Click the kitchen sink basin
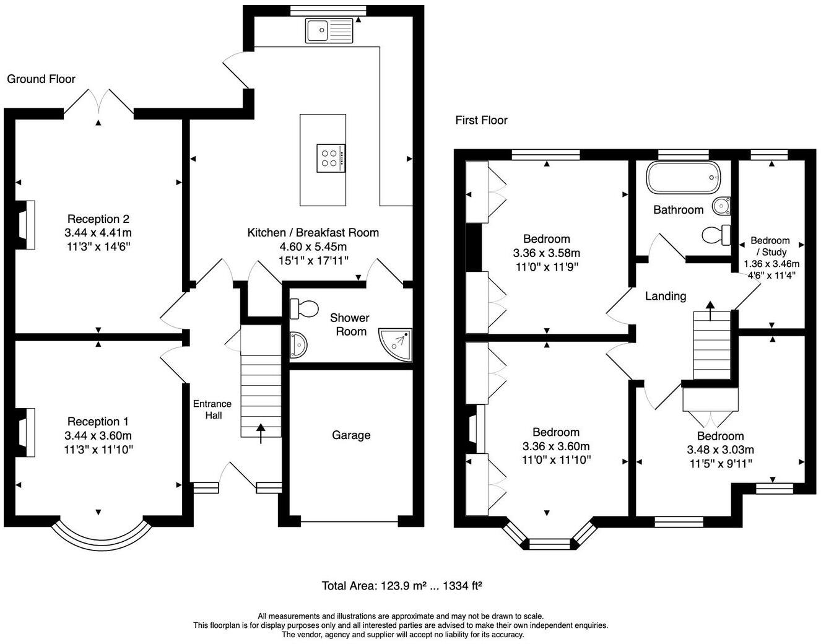[317, 30]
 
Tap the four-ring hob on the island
[331, 159]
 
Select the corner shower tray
[395, 345]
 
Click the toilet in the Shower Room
[304, 308]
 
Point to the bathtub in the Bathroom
[683, 178]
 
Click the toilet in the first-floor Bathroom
[716, 235]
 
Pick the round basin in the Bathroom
[721, 206]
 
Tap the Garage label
[351, 435]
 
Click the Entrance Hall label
[212, 409]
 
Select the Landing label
[666, 296]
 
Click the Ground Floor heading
[41, 79]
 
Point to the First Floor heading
[481, 120]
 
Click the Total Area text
[402, 586]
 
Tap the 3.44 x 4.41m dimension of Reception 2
[98, 233]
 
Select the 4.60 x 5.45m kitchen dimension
[313, 246]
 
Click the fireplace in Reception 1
[25, 432]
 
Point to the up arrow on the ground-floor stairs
[261, 433]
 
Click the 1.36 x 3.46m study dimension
[771, 264]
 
